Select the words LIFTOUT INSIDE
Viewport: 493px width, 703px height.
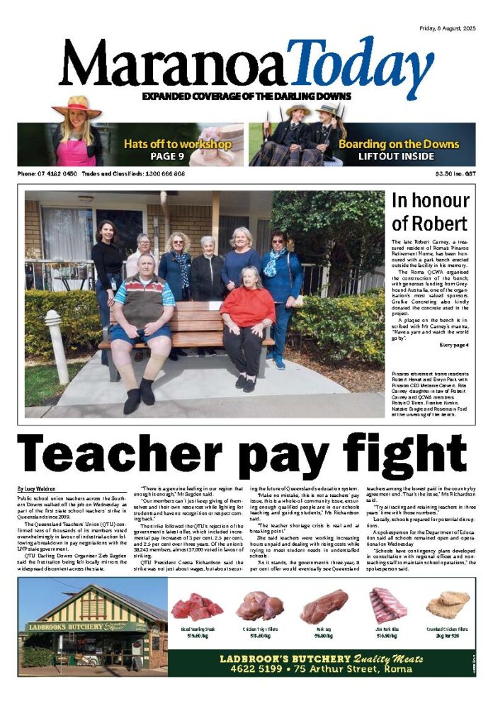397,156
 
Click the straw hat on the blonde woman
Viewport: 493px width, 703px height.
76,107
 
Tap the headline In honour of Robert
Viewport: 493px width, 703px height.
430,212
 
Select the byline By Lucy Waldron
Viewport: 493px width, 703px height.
37,488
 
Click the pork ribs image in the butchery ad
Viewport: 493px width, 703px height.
387,605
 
